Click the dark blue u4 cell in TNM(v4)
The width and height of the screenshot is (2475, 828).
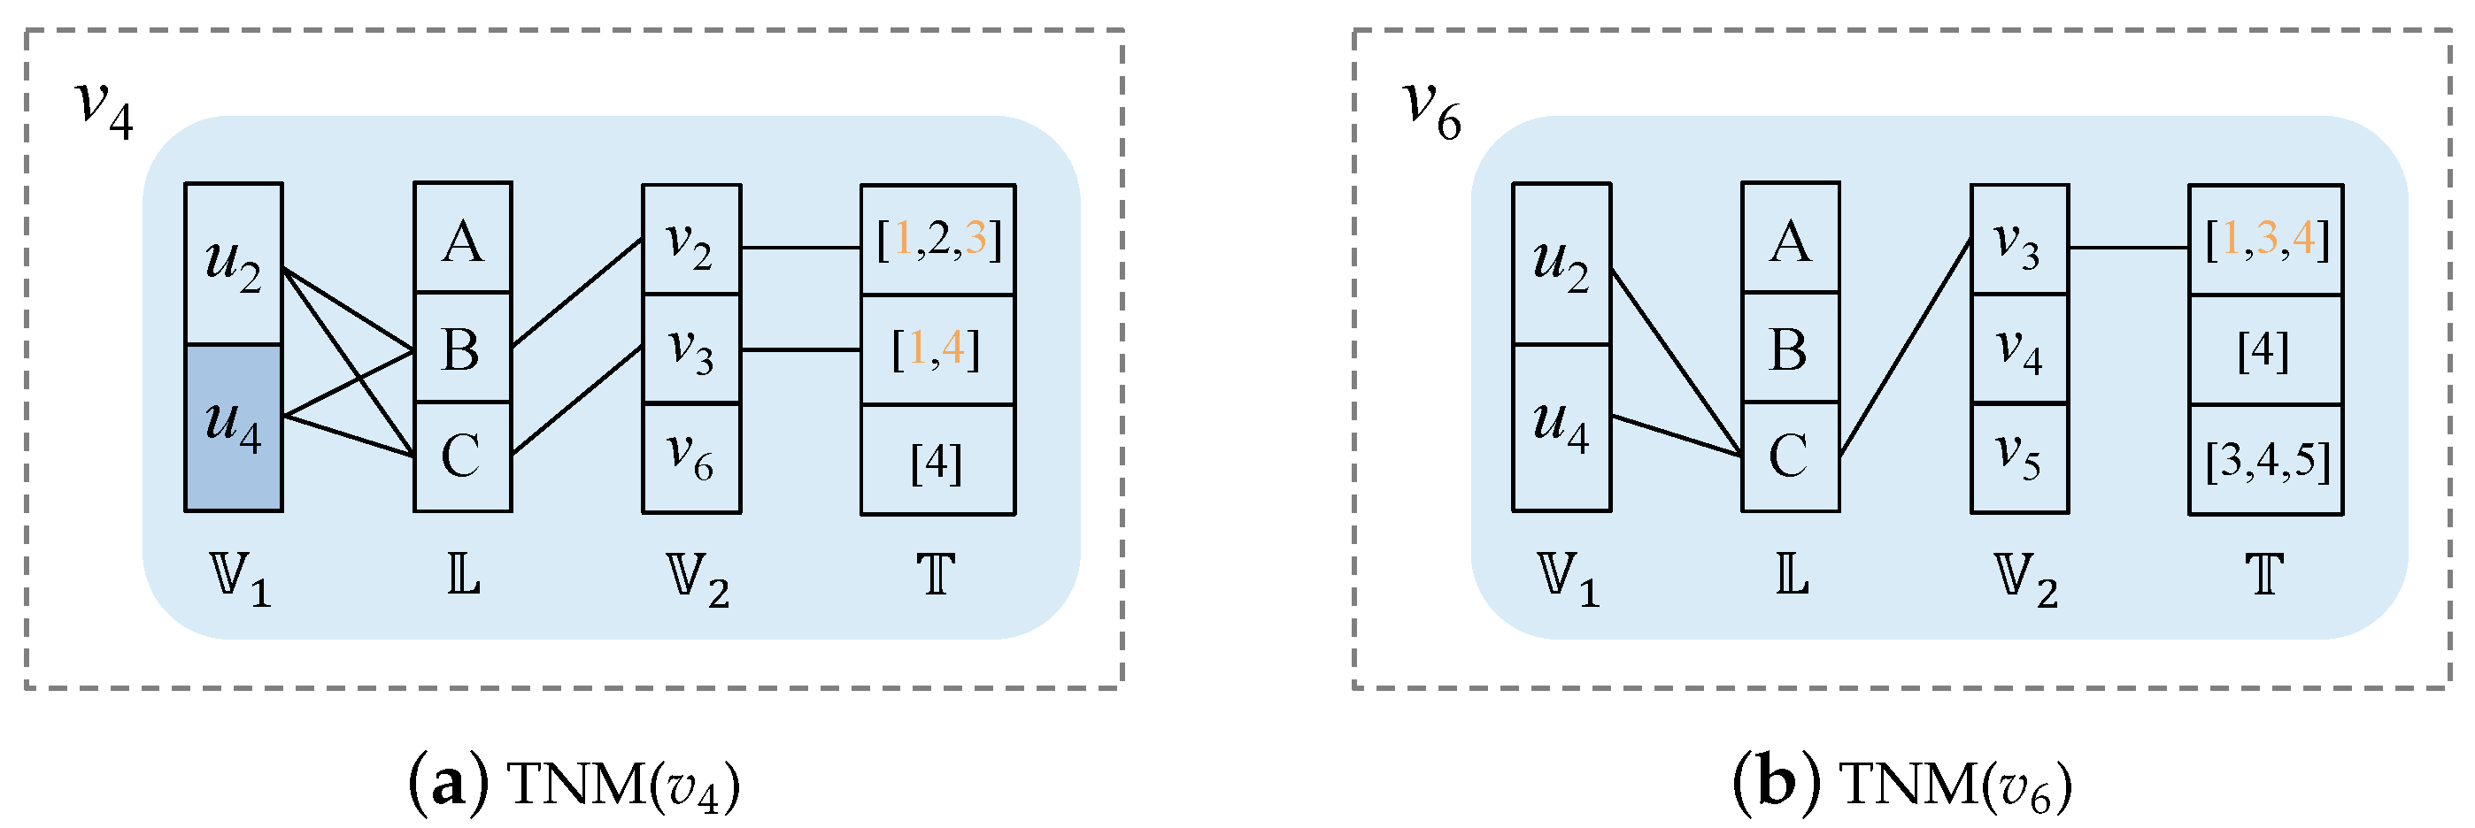(x=234, y=427)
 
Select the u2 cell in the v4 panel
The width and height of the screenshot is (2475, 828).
(x=234, y=264)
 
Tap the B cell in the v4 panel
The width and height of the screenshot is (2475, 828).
(x=462, y=348)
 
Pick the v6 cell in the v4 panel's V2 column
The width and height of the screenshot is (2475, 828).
(x=690, y=458)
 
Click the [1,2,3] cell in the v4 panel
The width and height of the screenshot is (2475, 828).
(x=937, y=239)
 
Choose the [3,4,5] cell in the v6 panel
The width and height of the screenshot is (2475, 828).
(x=2266, y=459)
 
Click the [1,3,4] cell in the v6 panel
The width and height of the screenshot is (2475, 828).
(x=2266, y=239)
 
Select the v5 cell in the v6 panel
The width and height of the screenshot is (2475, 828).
(x=2020, y=458)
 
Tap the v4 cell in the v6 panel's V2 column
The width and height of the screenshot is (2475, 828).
(x=2020, y=348)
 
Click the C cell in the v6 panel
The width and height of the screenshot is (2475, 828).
(x=1790, y=456)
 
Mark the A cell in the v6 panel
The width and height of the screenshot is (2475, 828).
(x=1790, y=238)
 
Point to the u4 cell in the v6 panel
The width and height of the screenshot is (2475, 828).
(x=1561, y=427)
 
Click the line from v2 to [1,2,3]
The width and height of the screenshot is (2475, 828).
(x=800, y=248)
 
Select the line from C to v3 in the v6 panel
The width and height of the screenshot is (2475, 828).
(x=1905, y=348)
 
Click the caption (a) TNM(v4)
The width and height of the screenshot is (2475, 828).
(x=574, y=785)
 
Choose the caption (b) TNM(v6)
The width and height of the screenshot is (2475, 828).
(x=1902, y=785)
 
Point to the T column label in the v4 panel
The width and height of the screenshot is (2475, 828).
(x=937, y=577)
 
